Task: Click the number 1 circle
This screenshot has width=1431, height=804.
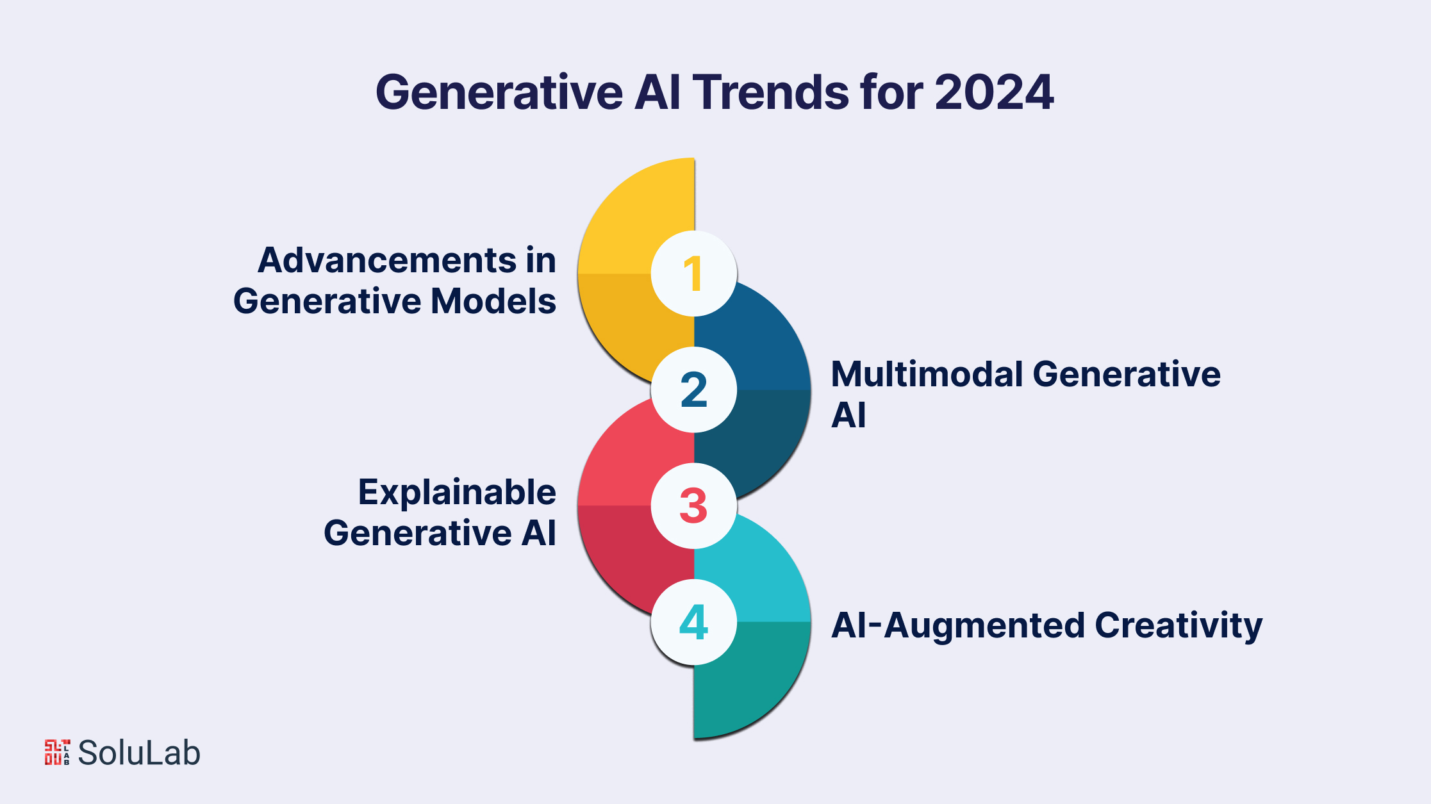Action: pos(694,274)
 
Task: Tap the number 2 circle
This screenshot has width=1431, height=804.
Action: pos(694,390)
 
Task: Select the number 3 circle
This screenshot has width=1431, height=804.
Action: pos(694,505)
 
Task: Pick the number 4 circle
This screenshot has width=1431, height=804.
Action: pos(694,621)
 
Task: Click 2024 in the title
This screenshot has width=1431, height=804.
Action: pos(994,92)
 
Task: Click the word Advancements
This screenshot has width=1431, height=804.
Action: pos(386,260)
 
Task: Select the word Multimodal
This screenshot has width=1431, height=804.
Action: pos(927,374)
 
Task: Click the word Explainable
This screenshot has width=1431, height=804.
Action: pos(457,492)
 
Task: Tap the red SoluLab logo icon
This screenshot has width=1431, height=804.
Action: pos(57,752)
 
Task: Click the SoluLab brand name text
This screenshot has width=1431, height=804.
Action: pos(139,753)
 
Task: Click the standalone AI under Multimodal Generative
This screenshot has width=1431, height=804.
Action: pos(848,415)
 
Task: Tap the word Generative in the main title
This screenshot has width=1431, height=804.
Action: pos(499,92)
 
